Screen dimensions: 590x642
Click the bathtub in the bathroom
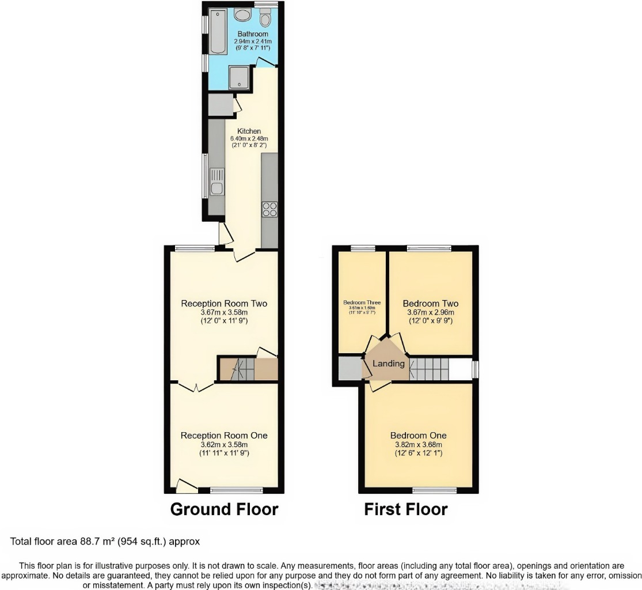coord(219,31)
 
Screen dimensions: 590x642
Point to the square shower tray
coord(238,77)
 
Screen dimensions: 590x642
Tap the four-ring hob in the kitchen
coord(269,209)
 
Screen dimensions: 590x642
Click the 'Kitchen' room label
coord(249,131)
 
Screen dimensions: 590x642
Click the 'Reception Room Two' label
coord(224,304)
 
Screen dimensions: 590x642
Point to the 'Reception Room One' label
coord(224,436)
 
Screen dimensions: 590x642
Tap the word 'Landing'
coord(389,364)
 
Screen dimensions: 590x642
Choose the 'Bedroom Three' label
coord(362,302)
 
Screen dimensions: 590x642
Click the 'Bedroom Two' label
coord(430,304)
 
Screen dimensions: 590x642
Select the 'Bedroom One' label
coord(418,436)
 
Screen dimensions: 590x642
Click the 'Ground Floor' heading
coord(224,509)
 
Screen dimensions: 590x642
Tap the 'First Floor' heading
coord(405,509)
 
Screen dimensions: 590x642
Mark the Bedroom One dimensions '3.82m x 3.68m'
coord(418,445)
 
